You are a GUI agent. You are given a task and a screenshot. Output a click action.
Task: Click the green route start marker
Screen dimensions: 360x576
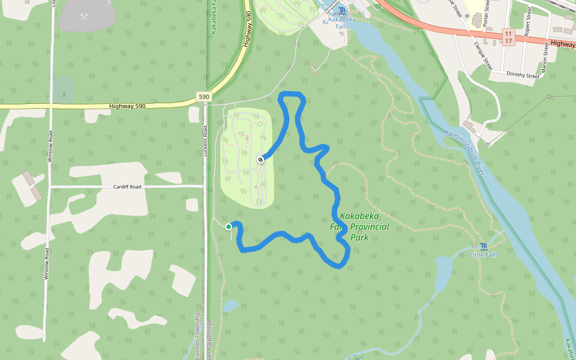tap(229, 227)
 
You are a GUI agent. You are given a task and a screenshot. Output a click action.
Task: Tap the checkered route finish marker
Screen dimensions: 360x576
tap(260, 160)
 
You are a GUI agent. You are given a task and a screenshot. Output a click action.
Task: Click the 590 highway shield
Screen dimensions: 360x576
tap(204, 97)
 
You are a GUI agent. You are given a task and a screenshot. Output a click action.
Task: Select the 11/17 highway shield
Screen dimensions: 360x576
tap(508, 37)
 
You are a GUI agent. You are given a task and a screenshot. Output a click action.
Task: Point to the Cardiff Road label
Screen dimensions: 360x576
tap(127, 187)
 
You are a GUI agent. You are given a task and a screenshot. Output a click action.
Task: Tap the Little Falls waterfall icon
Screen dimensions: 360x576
tap(484, 247)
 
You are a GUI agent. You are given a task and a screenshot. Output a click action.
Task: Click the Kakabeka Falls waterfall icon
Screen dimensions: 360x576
tap(342, 11)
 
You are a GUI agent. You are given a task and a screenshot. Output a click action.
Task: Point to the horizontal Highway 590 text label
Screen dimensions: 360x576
tap(128, 106)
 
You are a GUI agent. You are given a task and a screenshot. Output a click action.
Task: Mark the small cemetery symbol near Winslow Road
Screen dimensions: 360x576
tap(64, 95)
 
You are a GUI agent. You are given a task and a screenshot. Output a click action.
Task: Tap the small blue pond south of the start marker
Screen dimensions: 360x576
tap(230, 306)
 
